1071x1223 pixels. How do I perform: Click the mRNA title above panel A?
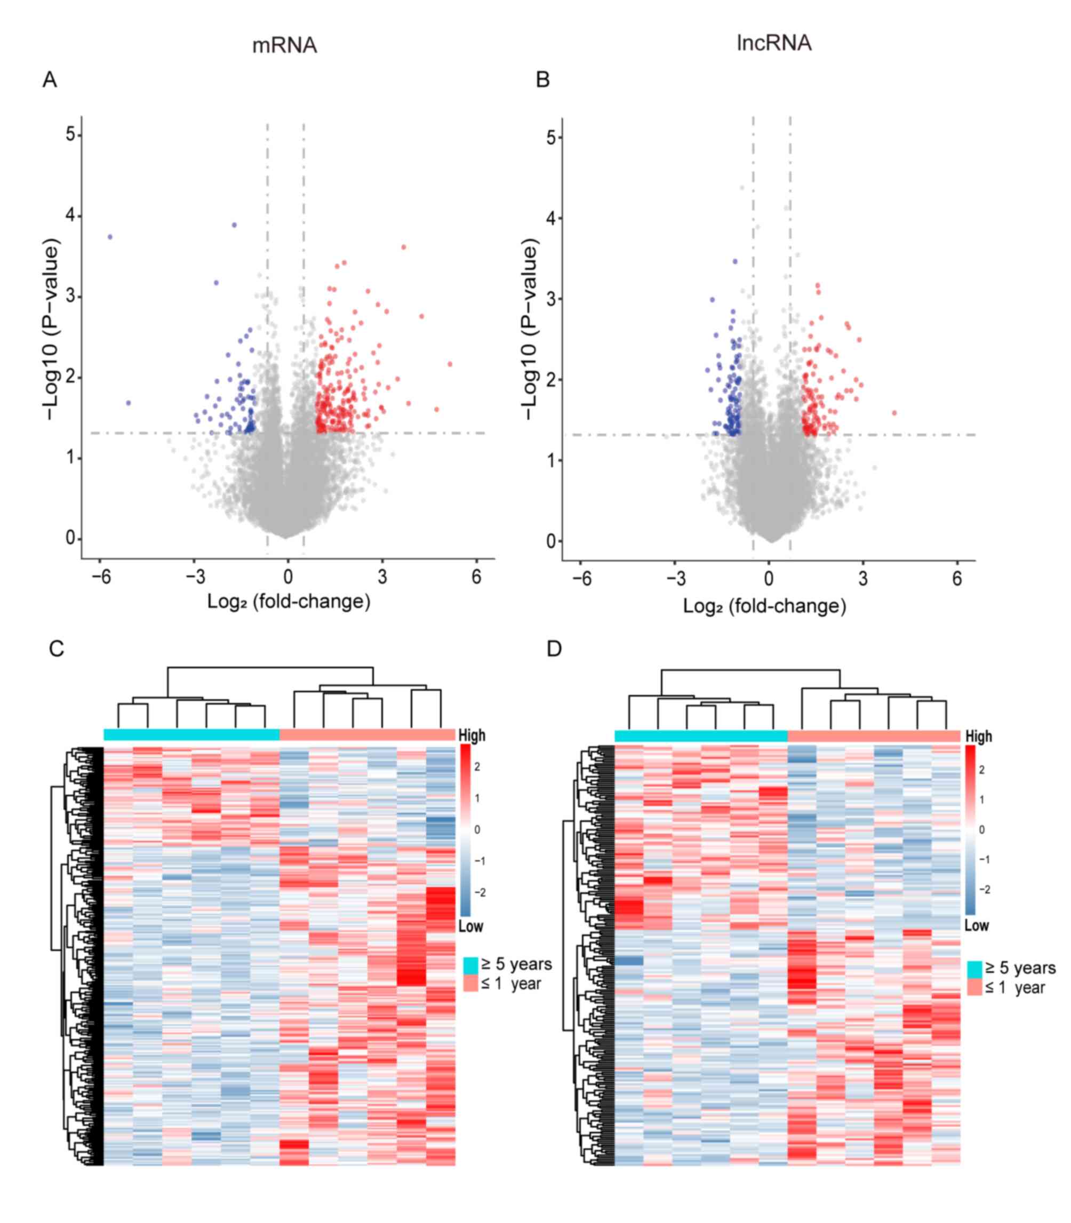tap(284, 45)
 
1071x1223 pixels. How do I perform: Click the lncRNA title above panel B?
tap(774, 43)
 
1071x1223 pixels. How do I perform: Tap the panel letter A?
tap(50, 79)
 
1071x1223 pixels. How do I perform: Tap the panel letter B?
tap(542, 79)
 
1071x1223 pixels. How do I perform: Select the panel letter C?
tap(56, 649)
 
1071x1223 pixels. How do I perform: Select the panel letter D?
tap(554, 649)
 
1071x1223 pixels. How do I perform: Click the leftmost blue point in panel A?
tap(110, 237)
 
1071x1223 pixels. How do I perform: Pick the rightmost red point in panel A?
tap(450, 364)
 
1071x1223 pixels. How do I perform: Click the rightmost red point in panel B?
tap(894, 413)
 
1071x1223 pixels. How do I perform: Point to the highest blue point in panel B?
tap(735, 261)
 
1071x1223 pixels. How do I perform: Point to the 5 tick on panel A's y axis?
tap(70, 134)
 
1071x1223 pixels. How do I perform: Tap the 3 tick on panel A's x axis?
tap(382, 577)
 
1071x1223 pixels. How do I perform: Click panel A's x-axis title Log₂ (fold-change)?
tap(289, 601)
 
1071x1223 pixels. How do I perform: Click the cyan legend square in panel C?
tap(471, 965)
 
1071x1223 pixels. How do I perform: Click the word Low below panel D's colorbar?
tap(977, 926)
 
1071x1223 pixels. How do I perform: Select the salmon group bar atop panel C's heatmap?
tap(367, 734)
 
